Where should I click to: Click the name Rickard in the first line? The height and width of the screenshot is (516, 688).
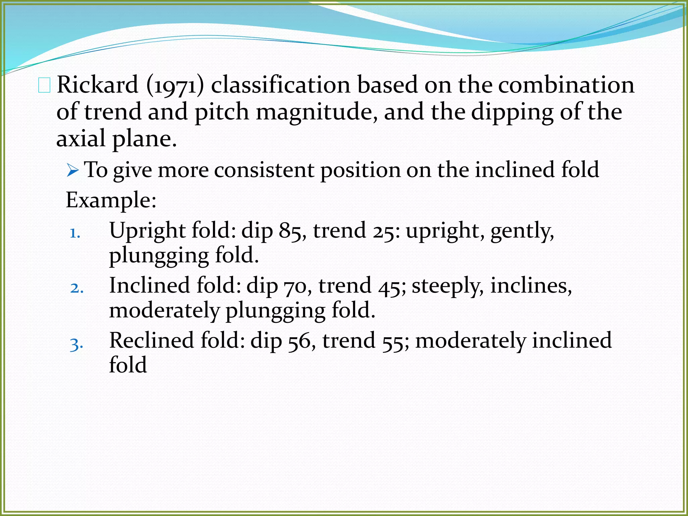coord(97,85)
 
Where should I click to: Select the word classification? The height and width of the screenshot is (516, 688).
coord(281,85)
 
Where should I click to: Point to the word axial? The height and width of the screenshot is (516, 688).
coord(81,139)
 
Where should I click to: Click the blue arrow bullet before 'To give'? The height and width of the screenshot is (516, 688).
coord(73,170)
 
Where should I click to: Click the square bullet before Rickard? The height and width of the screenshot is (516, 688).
coord(44,85)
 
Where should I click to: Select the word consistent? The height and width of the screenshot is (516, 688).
coord(264,170)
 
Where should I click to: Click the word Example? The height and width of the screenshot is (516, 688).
coord(111,201)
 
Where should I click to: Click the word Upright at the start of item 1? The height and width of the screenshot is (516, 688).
coord(147,231)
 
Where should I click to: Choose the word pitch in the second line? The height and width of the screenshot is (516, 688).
coord(222,112)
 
